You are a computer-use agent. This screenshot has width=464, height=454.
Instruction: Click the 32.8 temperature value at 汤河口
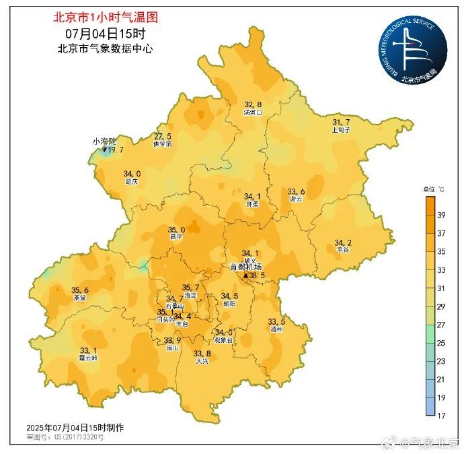point(253,104)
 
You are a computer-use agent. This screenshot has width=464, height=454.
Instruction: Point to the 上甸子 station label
point(341,130)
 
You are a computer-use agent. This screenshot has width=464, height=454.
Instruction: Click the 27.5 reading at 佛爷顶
point(163,136)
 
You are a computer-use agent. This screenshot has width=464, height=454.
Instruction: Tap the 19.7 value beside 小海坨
point(115,150)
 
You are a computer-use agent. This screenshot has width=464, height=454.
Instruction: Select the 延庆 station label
point(131,182)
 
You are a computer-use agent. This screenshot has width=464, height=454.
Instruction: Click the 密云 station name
point(296,199)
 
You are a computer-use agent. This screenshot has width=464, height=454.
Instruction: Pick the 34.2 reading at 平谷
point(343,242)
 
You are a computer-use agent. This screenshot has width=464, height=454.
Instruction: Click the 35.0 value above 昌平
point(176,230)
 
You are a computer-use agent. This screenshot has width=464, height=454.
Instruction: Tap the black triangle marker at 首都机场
point(245,275)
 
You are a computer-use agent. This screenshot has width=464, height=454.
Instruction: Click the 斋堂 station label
point(79,298)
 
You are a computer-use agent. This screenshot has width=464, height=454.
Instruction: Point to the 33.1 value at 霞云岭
point(88,350)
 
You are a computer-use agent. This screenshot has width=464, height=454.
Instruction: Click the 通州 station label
point(276,329)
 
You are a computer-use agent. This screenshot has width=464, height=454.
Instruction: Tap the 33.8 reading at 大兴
point(202,354)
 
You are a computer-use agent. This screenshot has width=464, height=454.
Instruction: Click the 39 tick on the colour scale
point(441,216)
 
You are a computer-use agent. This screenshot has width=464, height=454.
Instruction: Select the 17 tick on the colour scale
point(441,415)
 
